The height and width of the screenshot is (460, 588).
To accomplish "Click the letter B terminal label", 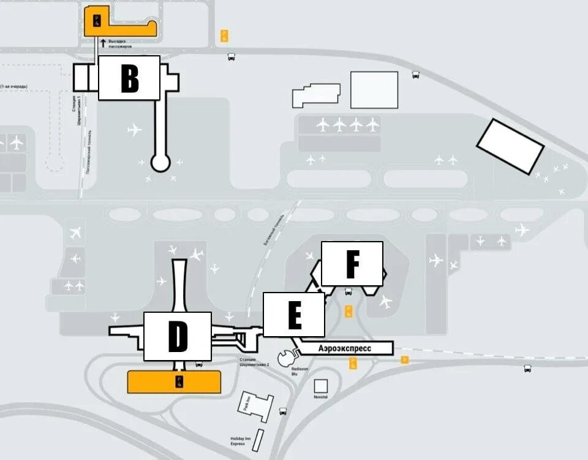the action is coord(129,78).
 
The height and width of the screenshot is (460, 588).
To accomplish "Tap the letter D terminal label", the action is coord(178,336).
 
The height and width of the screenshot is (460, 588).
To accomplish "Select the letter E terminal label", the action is coord(294,315).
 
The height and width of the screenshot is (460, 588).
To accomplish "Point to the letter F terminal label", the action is coord(352,264).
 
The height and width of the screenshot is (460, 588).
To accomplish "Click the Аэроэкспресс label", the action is coord(344,348).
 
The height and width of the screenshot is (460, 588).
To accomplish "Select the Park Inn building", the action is coord(255,405).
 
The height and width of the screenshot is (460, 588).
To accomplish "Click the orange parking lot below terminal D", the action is coord(174,381).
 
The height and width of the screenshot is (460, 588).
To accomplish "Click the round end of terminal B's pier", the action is coord(160,163).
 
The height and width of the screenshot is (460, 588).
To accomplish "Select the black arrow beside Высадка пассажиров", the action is coord(103,42).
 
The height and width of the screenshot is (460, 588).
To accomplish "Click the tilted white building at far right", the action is coord(510,147).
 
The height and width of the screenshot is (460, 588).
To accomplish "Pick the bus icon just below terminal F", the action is coord(349,292).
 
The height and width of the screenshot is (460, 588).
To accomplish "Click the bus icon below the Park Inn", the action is coord(283,412).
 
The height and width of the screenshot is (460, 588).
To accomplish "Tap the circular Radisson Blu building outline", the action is coord(285,358).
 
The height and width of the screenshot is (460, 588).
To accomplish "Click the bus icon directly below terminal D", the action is coord(199,364).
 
